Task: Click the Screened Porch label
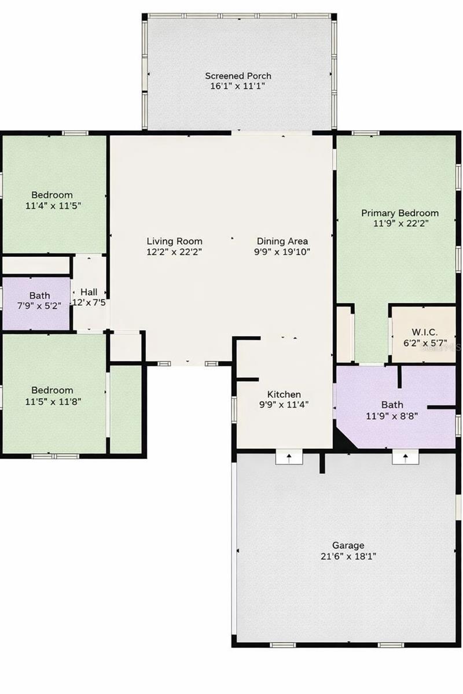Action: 238,76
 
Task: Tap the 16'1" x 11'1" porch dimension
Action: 238,86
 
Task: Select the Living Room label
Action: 174,241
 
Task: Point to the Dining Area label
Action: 282,241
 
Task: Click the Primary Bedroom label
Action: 400,213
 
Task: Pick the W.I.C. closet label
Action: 424,332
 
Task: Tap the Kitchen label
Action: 284,394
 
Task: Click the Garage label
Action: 348,545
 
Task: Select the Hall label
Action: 89,291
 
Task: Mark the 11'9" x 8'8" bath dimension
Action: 392,415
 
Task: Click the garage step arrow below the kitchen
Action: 287,457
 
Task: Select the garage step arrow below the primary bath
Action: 405,457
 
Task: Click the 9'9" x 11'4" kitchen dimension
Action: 284,405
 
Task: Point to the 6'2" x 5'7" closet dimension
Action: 424,342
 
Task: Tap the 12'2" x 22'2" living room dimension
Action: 174,252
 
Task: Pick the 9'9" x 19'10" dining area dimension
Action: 282,252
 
